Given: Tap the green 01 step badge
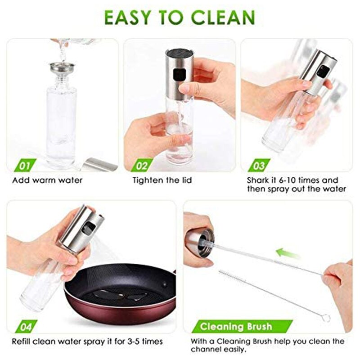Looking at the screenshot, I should [22, 166].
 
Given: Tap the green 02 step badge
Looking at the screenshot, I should [140, 166].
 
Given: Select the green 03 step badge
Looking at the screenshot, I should [257, 166].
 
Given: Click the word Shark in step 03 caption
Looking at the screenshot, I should [258, 180].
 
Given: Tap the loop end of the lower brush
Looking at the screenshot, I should [325, 319].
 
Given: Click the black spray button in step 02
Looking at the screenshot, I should [178, 73].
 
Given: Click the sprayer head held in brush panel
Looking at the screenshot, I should [199, 242].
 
